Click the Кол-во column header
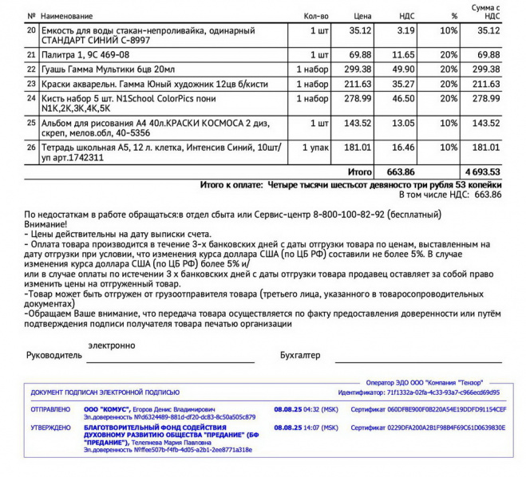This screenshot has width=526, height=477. point(316,16)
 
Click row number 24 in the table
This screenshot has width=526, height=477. point(31,98)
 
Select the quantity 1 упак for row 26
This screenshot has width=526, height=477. point(315,148)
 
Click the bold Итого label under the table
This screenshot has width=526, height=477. point(360,171)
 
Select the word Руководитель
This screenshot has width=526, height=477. point(54,354)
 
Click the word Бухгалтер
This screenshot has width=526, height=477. point(299,354)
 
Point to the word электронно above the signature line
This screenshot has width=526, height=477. point(112,345)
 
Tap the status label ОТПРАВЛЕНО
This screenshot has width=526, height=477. point(50,409)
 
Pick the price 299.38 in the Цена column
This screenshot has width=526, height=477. point(359,69)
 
